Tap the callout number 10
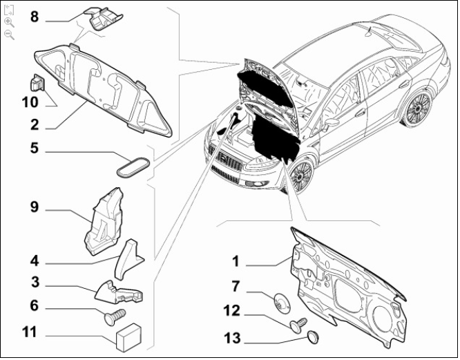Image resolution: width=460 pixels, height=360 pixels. click(30, 102)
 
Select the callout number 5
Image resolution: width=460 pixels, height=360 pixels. click(35, 148)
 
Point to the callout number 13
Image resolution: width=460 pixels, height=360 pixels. click(232, 338)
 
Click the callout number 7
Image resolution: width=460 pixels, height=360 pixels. click(236, 286)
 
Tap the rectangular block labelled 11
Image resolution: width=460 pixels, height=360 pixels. click(129, 337)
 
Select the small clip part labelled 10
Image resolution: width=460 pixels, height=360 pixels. click(37, 82)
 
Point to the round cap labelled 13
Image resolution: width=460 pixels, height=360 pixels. click(314, 337)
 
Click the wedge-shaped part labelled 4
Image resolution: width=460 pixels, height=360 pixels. click(128, 260)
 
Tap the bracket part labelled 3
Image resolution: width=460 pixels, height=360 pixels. click(119, 292)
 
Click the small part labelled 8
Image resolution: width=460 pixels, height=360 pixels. click(104, 17)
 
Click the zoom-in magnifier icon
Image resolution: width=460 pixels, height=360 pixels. click(10, 22)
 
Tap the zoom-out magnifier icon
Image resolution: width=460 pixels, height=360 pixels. click(10, 35)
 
